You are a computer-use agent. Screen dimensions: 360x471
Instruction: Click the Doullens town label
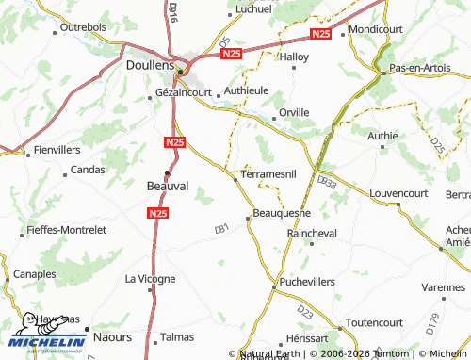[150, 67]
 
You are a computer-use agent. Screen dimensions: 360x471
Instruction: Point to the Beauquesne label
[282, 214]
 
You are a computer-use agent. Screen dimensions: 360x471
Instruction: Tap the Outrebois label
[84, 28]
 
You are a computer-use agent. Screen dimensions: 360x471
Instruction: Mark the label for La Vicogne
[150, 279]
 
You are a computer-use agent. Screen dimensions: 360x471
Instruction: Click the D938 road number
[327, 179]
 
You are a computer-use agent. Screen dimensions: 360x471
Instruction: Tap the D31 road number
[221, 228]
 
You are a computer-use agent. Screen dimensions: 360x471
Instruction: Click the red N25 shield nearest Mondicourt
[320, 35]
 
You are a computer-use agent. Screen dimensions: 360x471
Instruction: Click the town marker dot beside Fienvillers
[27, 150]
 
